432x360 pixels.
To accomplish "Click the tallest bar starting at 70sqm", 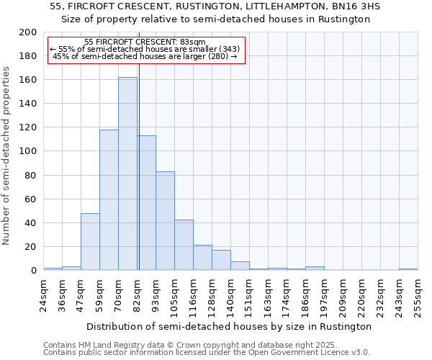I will [127, 174].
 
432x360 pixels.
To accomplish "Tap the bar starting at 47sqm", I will [90, 242].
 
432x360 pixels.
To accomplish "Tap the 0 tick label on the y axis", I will [34, 271].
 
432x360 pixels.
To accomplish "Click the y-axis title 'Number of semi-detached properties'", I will [7, 156].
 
